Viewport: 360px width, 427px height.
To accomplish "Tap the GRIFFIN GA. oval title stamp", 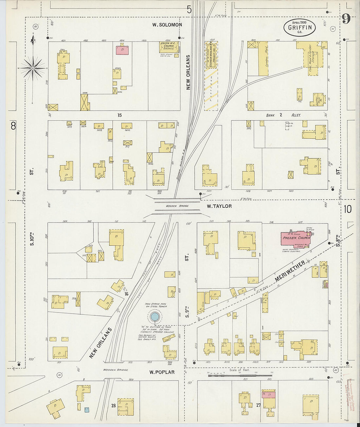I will tap(299, 28).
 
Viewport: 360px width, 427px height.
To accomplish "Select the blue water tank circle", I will tap(154, 316).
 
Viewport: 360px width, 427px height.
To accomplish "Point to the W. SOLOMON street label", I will tap(167, 25).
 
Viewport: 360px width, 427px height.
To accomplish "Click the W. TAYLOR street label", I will tap(219, 206).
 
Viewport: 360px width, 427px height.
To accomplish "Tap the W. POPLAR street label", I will tap(162, 372).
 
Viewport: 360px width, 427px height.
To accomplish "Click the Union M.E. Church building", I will tap(169, 46).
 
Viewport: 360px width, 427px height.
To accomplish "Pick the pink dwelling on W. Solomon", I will tap(122, 50).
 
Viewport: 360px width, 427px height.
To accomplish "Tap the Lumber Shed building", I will tap(263, 58).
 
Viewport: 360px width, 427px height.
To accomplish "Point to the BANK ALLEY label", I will tap(283, 115).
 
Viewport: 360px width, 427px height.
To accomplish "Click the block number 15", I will tap(119, 115).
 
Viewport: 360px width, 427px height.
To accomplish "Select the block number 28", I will tap(113, 405).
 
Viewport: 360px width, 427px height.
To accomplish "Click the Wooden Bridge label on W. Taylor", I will tap(177, 206).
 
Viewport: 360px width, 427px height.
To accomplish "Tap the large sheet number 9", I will tap(346, 19).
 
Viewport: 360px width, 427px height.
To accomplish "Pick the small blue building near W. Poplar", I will tap(87, 409).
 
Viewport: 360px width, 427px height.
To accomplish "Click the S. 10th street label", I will tap(32, 239).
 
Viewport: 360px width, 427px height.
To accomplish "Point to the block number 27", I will tap(258, 405).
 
